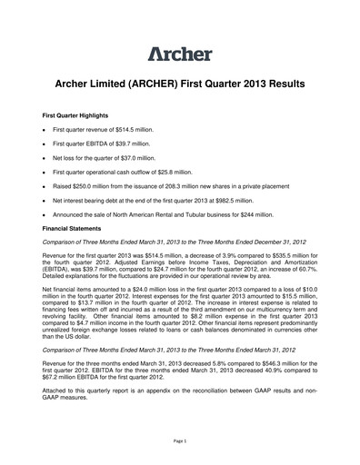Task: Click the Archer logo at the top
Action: click(180, 52)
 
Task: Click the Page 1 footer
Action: click(180, 440)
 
